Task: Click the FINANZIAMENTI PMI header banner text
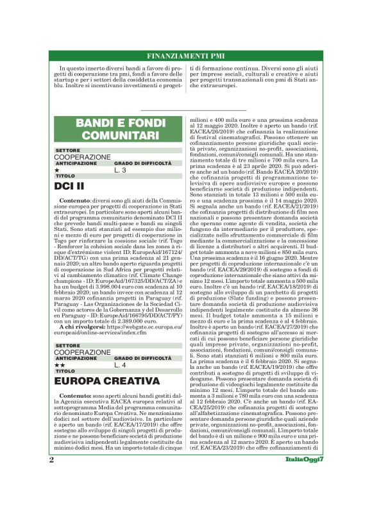coord(186,56)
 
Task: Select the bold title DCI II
coord(71,186)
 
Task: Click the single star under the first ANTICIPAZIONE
coord(57,170)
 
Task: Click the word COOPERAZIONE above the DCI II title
coord(82,157)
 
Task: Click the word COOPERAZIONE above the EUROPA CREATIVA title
coord(82,352)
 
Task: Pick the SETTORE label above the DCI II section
coord(67,150)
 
